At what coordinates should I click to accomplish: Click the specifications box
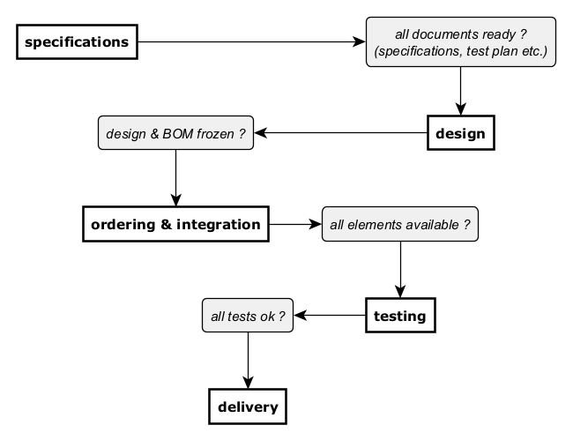(77, 41)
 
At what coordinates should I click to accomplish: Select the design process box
(461, 133)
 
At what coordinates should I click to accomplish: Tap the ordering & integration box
(175, 224)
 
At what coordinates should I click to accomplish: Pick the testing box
(400, 316)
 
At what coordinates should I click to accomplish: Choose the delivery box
(248, 406)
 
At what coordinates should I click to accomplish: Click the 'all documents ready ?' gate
(461, 41)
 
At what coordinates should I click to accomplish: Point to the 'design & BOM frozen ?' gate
(175, 133)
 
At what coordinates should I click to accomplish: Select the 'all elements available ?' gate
(400, 224)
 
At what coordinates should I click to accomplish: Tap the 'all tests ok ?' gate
(248, 316)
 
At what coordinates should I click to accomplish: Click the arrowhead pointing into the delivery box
(248, 383)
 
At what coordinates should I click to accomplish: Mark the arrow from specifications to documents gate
(252, 41)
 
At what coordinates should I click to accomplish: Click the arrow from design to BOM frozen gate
(340, 132)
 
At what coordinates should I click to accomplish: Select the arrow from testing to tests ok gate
(330, 315)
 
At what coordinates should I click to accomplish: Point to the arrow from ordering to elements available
(295, 224)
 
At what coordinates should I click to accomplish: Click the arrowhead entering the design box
(461, 109)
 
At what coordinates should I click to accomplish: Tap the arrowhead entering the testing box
(400, 292)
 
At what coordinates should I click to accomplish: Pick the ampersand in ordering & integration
(166, 224)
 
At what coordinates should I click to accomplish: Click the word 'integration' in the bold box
(219, 225)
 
